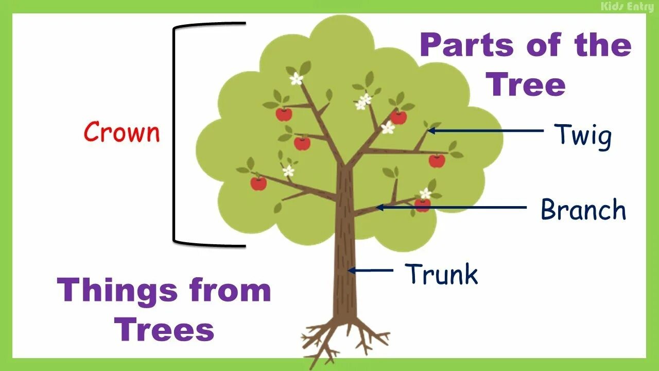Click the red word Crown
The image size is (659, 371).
click(x=122, y=132)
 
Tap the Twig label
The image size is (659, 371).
click(x=583, y=137)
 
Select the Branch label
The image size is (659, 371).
click(x=583, y=210)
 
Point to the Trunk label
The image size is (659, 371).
click(x=441, y=274)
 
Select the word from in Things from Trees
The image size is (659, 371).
click(x=230, y=290)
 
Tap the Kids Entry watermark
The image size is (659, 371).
click(x=627, y=7)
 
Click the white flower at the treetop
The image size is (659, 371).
click(x=296, y=79)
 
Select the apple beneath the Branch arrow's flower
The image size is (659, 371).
click(x=422, y=205)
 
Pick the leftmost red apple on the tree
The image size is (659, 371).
click(x=258, y=183)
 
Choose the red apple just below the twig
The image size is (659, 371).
click(x=437, y=161)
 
